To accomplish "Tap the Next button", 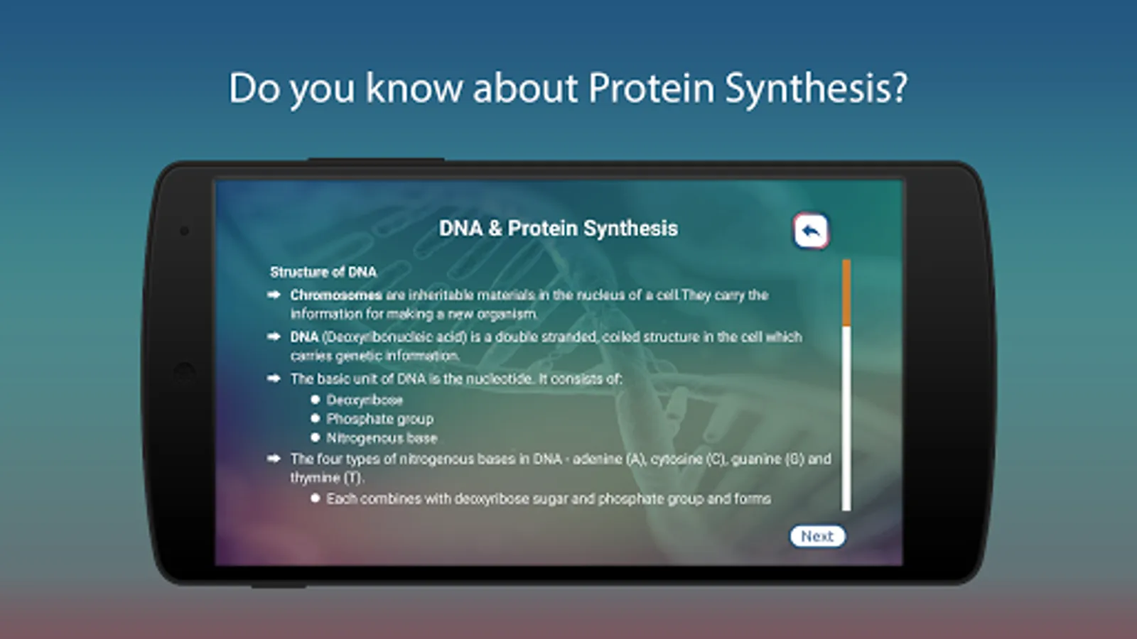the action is pos(817,536).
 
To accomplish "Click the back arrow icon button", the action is pos(811,231).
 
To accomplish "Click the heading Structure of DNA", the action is pos(323,273).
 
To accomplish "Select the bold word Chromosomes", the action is pos(336,295).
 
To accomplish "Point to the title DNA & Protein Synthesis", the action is pos(559,228).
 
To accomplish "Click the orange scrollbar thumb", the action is pos(846,293).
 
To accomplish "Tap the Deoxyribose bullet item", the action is pos(365,400).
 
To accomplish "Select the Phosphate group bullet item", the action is pos(379,419).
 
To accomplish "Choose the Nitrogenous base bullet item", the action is pos(382,437).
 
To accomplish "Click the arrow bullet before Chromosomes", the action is pos(274,295).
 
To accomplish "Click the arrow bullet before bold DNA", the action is pos(274,337).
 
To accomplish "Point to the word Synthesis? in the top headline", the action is pos(816,88).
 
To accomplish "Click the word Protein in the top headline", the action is pos(652,88).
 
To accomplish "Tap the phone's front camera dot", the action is pos(184,231).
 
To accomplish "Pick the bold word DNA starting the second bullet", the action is pos(304,337).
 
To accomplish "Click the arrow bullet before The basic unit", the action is pos(274,378).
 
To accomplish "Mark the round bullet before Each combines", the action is pos(316,498).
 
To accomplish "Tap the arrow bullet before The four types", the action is pos(274,459).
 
